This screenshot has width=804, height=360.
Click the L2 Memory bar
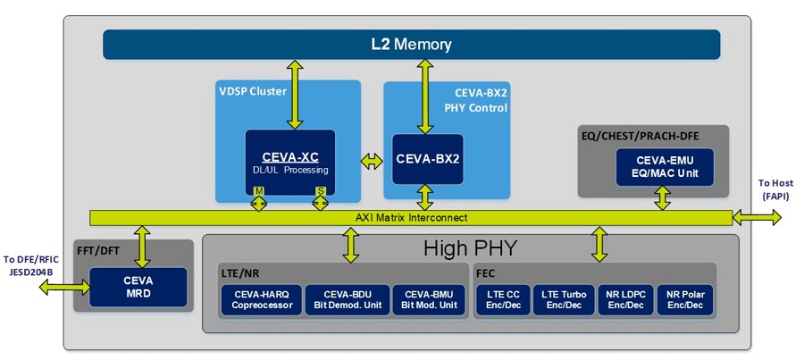[411, 45]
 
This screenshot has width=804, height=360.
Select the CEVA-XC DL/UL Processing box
[290, 162]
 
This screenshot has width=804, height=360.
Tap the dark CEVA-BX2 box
[428, 159]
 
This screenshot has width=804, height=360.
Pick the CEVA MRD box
[138, 287]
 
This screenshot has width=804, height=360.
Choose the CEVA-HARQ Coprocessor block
[262, 300]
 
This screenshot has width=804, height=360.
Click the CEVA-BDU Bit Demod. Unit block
[348, 300]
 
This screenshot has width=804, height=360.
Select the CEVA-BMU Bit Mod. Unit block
[428, 300]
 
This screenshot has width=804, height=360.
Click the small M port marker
[259, 191]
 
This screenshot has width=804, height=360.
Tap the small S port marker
[321, 191]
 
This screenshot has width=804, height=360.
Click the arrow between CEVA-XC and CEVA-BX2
[372, 162]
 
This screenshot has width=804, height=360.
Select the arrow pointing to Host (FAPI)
[757, 217]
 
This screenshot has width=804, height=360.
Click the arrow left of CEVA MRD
[64, 288]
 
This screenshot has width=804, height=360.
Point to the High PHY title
[470, 248]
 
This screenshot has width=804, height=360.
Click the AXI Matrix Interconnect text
[411, 217]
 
